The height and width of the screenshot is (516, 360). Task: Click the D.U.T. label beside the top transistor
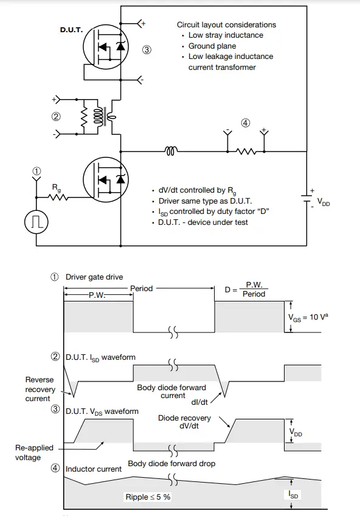pos(71,29)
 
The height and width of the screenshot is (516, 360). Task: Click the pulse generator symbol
pos(36,222)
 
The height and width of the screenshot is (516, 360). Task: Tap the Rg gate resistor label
pos(56,187)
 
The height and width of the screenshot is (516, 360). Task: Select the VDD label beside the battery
pos(324,202)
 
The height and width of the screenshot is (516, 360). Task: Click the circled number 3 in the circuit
pos(147,50)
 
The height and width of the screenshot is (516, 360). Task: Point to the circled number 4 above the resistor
pos(245,123)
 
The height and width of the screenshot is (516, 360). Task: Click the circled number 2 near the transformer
pos(56,117)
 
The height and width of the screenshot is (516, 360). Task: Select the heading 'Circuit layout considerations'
pos(226,25)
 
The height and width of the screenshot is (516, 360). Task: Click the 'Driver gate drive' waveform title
pos(94,277)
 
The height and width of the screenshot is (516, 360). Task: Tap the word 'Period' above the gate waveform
pos(141,288)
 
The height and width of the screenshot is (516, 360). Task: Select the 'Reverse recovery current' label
pos(40,389)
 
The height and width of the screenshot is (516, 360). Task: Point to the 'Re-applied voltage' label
pos(34,452)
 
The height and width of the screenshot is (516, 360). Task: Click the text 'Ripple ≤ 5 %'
pos(148,497)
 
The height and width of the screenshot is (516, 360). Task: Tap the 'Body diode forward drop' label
pos(171,463)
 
